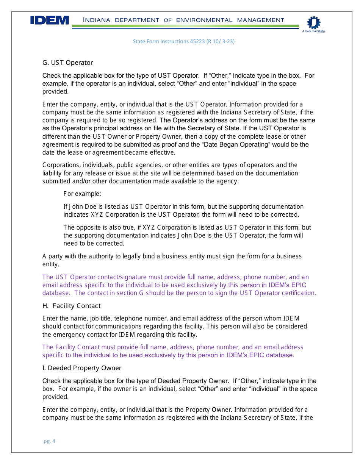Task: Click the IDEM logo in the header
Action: click(50, 20)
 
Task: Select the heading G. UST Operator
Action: click(67, 63)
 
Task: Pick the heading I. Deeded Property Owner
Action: click(82, 368)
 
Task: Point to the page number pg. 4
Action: click(49, 441)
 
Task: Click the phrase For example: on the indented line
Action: click(82, 194)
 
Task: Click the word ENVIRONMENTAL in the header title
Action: click(204, 20)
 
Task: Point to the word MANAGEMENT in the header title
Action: click(261, 20)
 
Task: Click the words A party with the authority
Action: click(81, 256)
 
